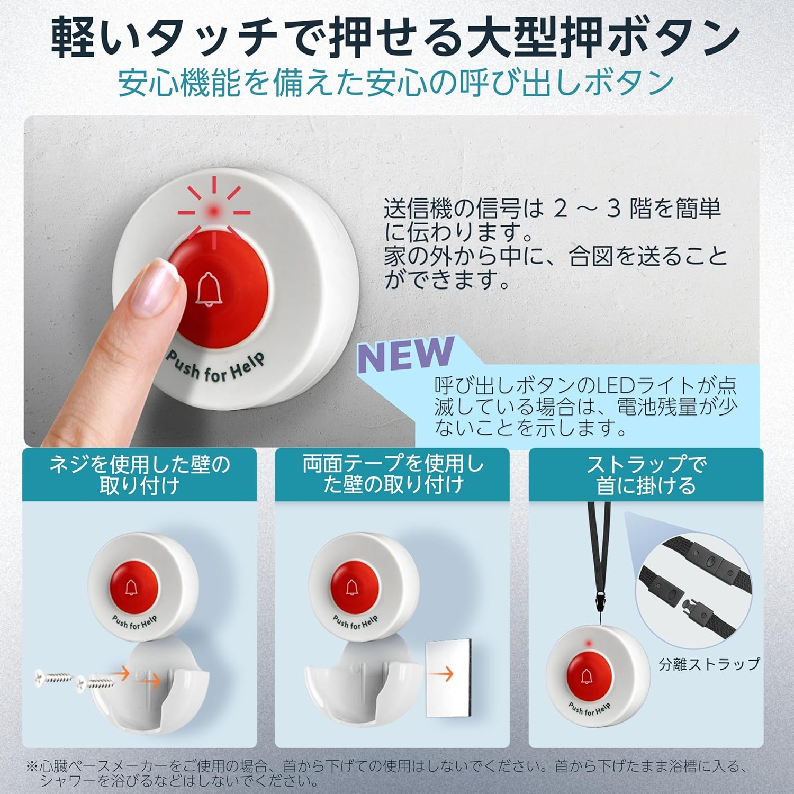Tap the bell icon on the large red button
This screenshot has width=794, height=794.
point(208,289)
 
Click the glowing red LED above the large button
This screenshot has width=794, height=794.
point(214,211)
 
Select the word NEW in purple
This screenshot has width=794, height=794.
point(406,354)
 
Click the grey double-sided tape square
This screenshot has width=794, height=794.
point(448,674)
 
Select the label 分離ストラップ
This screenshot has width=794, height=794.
point(709,664)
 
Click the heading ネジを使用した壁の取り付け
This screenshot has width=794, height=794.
point(139,475)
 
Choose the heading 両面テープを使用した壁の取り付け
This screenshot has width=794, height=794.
point(392,475)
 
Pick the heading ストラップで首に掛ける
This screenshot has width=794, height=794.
point(646,475)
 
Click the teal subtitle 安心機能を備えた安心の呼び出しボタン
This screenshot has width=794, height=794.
point(396,84)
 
